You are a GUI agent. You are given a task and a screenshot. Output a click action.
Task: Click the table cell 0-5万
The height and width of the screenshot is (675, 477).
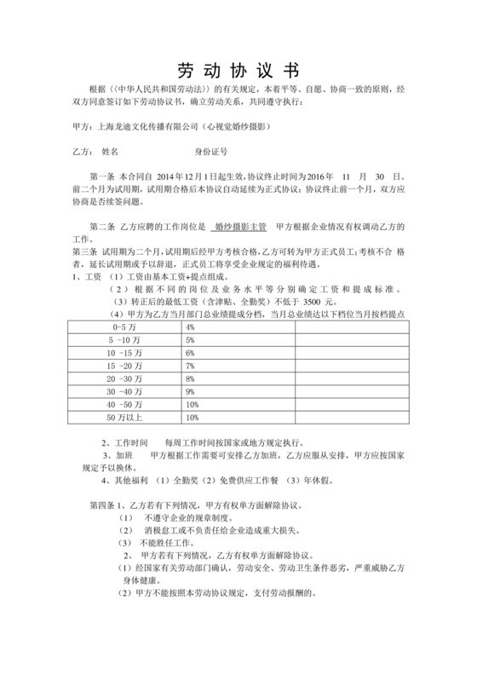click(122, 327)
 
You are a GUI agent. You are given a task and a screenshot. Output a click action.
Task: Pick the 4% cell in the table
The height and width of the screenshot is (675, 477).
click(190, 327)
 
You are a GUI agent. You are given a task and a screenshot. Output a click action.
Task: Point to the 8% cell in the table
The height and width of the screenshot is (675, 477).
click(190, 378)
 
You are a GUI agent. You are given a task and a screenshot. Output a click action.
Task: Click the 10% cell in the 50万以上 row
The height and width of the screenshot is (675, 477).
click(192, 418)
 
